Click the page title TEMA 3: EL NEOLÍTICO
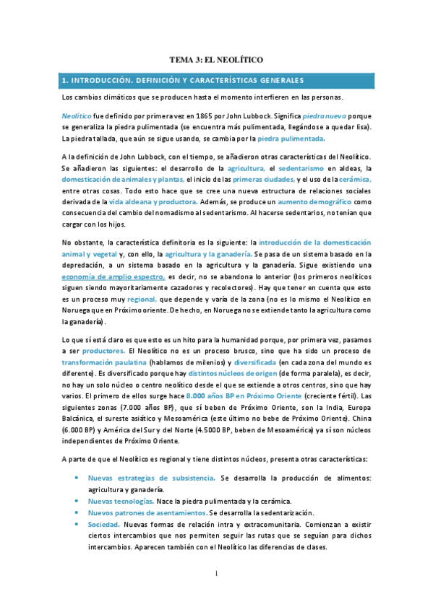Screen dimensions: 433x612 [x=216, y=61]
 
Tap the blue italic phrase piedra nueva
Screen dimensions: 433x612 [x=324, y=115]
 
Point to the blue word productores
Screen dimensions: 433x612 [x=106, y=350]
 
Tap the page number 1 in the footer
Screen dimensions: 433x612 [x=215, y=574]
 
